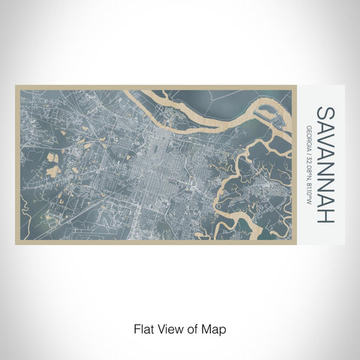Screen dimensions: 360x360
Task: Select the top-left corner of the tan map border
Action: (16, 86)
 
